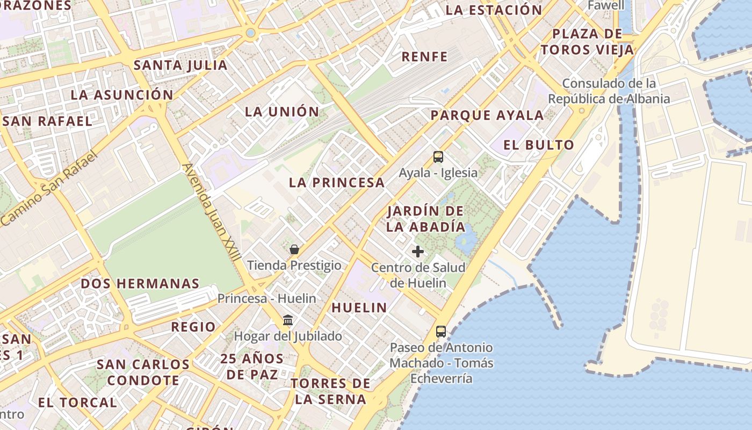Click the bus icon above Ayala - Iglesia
click(x=438, y=157)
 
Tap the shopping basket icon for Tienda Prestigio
click(x=294, y=249)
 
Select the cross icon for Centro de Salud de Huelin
click(x=418, y=251)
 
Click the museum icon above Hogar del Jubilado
click(x=288, y=320)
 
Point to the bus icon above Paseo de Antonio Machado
click(x=441, y=332)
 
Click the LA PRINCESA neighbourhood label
click(x=337, y=182)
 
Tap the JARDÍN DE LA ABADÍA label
click(x=426, y=219)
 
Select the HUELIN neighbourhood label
click(x=359, y=307)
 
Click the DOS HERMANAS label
click(x=140, y=283)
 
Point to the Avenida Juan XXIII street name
click(x=212, y=212)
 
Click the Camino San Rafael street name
click(x=49, y=188)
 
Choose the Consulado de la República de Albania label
click(x=609, y=91)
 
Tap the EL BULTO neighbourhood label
click(x=539, y=145)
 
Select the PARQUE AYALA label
click(x=487, y=115)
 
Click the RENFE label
click(x=425, y=56)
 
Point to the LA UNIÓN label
click(x=282, y=112)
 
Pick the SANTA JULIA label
click(x=180, y=66)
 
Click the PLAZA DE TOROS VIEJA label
click(x=587, y=42)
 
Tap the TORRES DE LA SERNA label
click(x=331, y=391)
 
